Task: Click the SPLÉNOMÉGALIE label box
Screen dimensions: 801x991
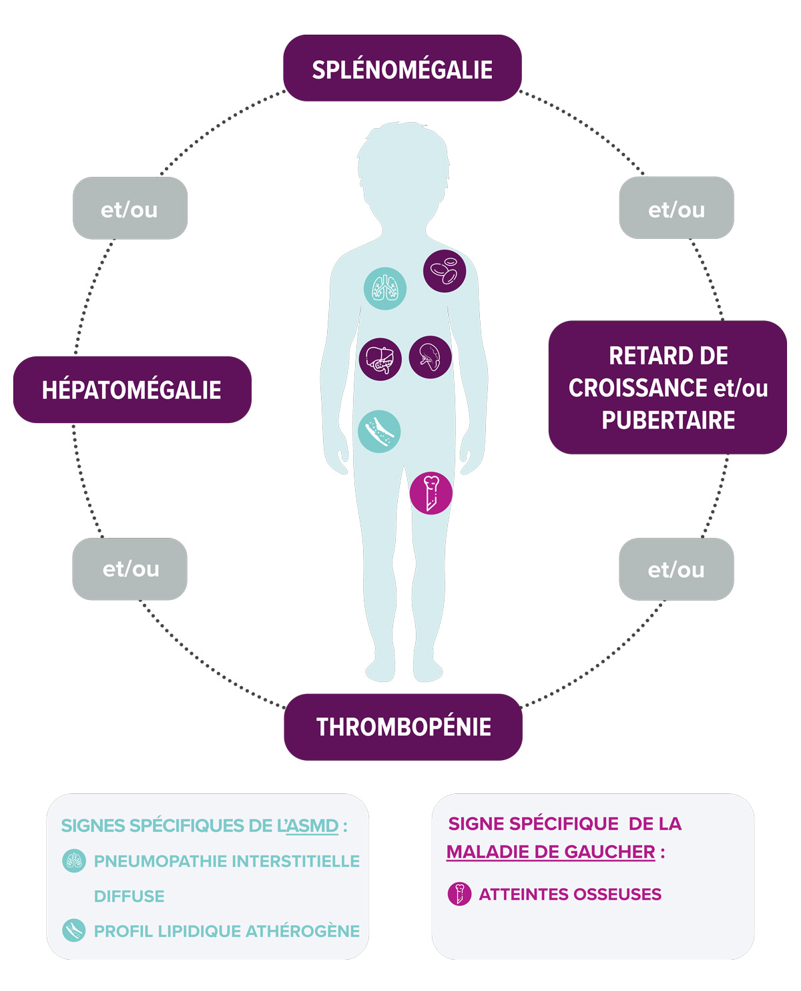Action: (402, 68)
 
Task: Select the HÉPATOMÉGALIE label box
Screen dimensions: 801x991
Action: (132, 390)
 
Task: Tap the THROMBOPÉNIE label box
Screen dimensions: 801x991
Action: (403, 727)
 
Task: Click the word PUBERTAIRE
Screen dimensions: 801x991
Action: (668, 420)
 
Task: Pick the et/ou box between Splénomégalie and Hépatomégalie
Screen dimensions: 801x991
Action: (130, 208)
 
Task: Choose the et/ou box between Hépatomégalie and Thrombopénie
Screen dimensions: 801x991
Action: (130, 569)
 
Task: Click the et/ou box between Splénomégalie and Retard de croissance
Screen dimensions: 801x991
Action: (676, 208)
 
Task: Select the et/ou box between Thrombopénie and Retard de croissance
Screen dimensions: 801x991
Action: (676, 569)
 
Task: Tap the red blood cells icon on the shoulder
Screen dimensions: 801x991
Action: (445, 271)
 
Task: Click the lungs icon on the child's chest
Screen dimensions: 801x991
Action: (385, 288)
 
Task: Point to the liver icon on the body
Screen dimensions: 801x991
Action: (380, 359)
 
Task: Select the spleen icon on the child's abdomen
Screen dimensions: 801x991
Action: (430, 357)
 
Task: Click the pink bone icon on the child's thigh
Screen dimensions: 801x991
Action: (431, 493)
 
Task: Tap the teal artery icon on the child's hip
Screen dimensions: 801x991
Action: (379, 431)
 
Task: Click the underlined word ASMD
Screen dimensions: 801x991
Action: (312, 826)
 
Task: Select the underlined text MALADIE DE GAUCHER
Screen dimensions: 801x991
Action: (551, 852)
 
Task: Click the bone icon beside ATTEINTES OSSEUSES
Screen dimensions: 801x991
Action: (459, 894)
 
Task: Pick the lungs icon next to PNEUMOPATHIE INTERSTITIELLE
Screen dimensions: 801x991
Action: (74, 861)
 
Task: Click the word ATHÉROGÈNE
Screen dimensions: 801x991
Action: (302, 931)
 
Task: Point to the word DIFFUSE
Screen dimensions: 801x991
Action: (129, 896)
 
